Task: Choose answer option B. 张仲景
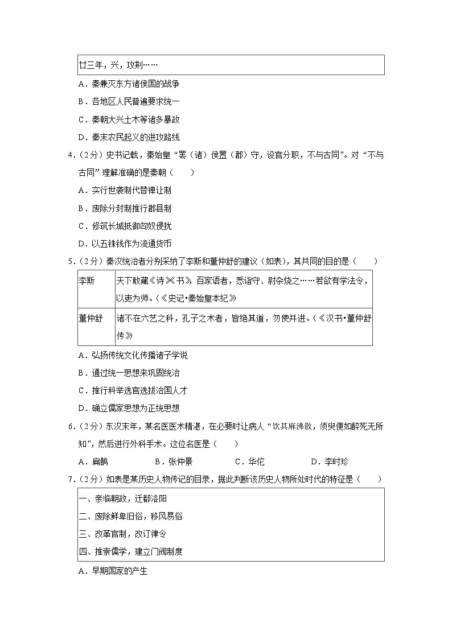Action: (x=173, y=461)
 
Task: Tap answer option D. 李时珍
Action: (x=329, y=461)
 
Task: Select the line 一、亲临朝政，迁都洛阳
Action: (x=123, y=498)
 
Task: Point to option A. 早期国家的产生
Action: (x=113, y=571)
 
